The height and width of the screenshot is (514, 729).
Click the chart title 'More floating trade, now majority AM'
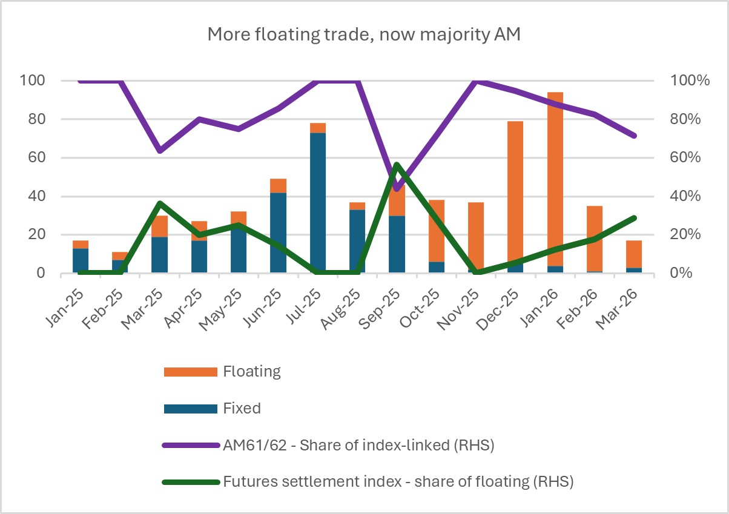pyautogui.click(x=364, y=35)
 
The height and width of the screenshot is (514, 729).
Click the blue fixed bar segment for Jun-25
pyautogui.click(x=279, y=233)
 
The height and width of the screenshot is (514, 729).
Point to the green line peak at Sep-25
pyautogui.click(x=397, y=165)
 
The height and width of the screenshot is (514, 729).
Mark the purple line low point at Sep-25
pyautogui.click(x=397, y=189)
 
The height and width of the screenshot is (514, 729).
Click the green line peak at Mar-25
pyautogui.click(x=160, y=203)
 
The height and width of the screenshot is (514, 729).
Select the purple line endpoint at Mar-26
pyautogui.click(x=633, y=136)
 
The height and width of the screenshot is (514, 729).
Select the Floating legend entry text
pyautogui.click(x=251, y=371)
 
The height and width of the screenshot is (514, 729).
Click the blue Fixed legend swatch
pyautogui.click(x=190, y=409)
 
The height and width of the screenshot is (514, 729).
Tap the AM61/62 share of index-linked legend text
pyautogui.click(x=358, y=446)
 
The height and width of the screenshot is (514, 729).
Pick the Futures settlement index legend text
pyautogui.click(x=398, y=483)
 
